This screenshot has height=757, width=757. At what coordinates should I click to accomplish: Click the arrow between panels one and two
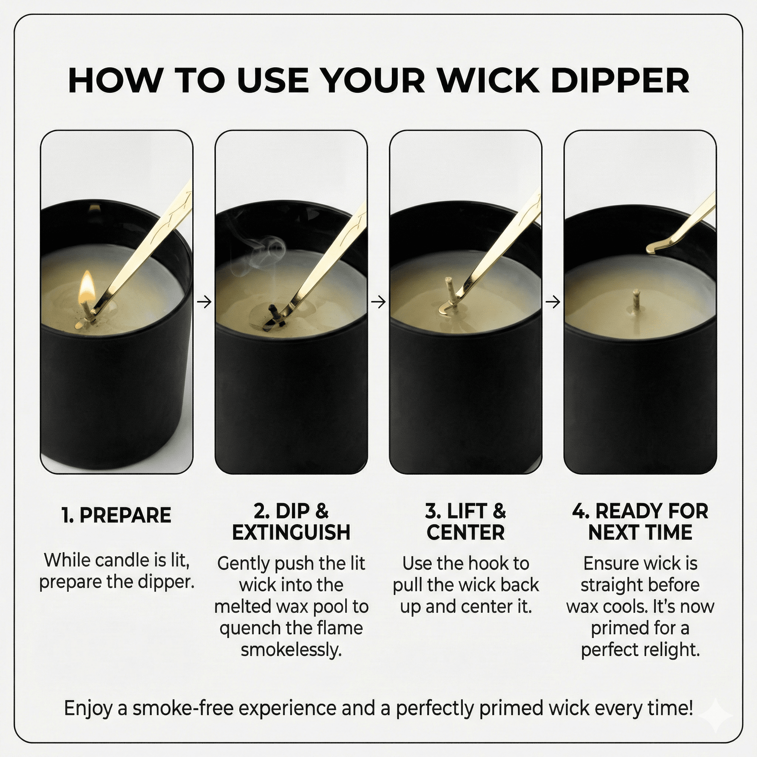pos(204,302)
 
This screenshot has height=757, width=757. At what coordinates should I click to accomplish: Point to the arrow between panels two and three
pos(378,302)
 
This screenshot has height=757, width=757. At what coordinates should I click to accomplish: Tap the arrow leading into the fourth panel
pos(553,302)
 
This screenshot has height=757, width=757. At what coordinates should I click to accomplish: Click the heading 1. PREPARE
pos(117,515)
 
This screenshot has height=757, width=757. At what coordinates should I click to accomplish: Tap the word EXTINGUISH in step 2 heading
pos(291,533)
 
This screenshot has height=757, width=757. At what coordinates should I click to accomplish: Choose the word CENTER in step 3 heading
pos(465,533)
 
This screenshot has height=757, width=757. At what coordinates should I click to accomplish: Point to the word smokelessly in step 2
pos(291,650)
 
